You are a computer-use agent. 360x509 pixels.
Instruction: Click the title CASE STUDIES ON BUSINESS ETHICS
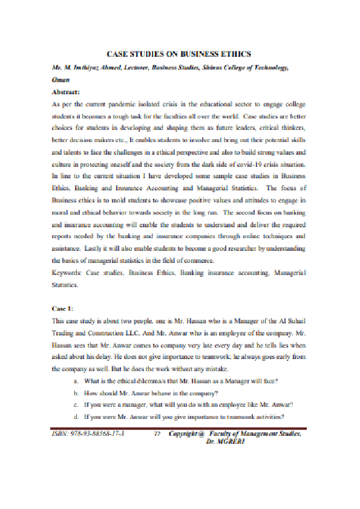179,54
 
